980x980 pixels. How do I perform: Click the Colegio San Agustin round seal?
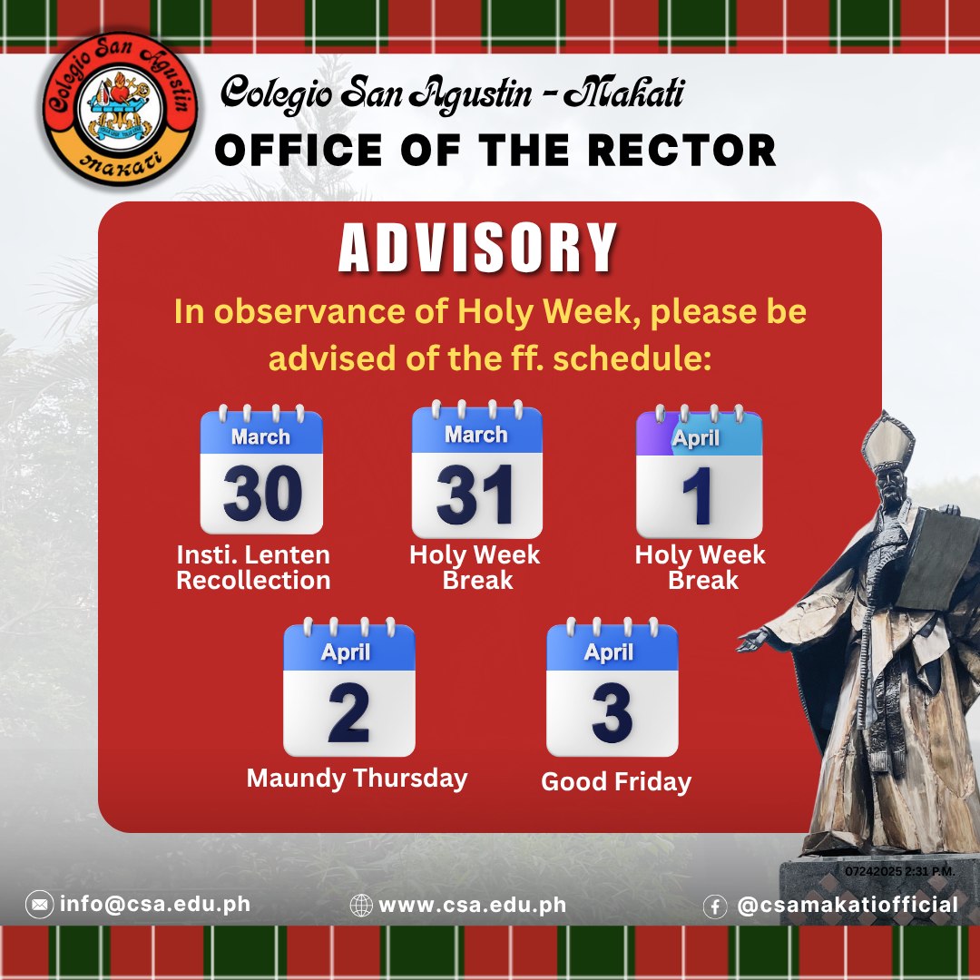point(120,110)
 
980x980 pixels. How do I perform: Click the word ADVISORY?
point(478,248)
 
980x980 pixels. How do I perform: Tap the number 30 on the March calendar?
point(262,494)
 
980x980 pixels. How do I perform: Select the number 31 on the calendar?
point(475,495)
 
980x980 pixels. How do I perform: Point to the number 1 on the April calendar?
point(698,496)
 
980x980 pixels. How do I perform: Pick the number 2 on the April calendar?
point(348,712)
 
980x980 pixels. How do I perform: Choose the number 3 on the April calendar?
point(612,712)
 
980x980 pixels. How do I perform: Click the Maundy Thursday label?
point(357,779)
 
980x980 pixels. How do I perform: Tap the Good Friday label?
point(616,782)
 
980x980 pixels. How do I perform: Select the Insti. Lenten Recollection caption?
point(253,567)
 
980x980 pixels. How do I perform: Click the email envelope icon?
point(39,905)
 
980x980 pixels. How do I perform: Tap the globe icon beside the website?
point(361,905)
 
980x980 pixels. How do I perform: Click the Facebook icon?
point(715,906)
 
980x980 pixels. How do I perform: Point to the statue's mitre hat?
point(887,444)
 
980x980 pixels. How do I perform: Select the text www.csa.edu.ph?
point(473,905)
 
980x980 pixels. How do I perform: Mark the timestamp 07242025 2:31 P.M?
point(900,871)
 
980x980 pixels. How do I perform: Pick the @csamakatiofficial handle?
point(848,906)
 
